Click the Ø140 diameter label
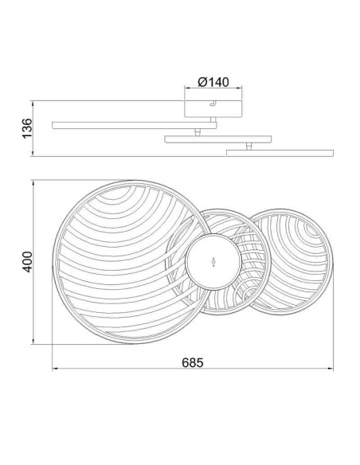213,82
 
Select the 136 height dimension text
27,128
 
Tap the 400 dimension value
27,261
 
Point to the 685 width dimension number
193,362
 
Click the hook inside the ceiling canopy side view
213,104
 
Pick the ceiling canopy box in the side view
213,109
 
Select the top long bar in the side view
135,125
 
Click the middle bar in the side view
218,139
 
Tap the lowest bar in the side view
280,153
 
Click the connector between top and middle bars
198,132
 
